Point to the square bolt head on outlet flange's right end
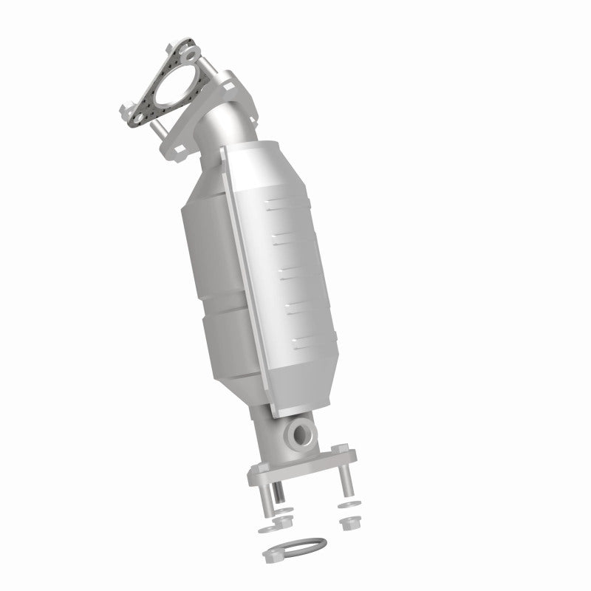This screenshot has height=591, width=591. (341, 450)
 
